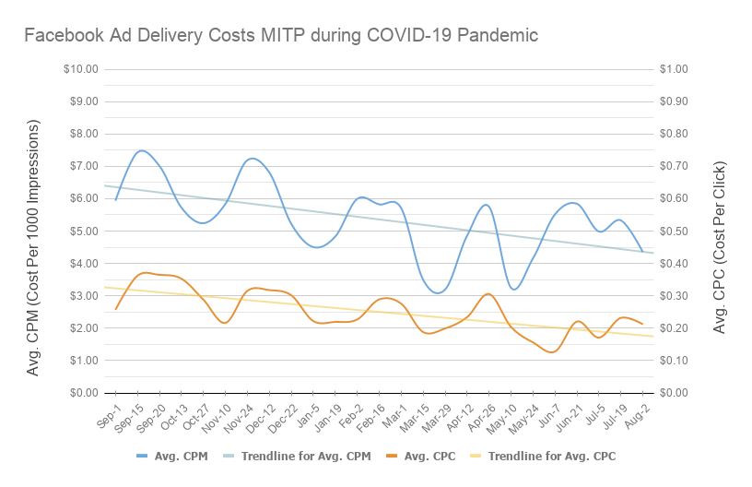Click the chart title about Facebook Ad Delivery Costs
tap(280, 36)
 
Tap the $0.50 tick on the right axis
tap(675, 231)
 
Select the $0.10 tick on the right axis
tap(675, 360)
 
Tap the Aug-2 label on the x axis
tap(636, 412)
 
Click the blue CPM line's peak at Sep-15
tap(140, 150)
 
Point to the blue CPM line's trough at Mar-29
tap(439, 292)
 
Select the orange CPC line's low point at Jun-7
tap(551, 351)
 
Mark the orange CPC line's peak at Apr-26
tap(488, 294)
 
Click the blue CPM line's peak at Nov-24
tap(252, 159)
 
